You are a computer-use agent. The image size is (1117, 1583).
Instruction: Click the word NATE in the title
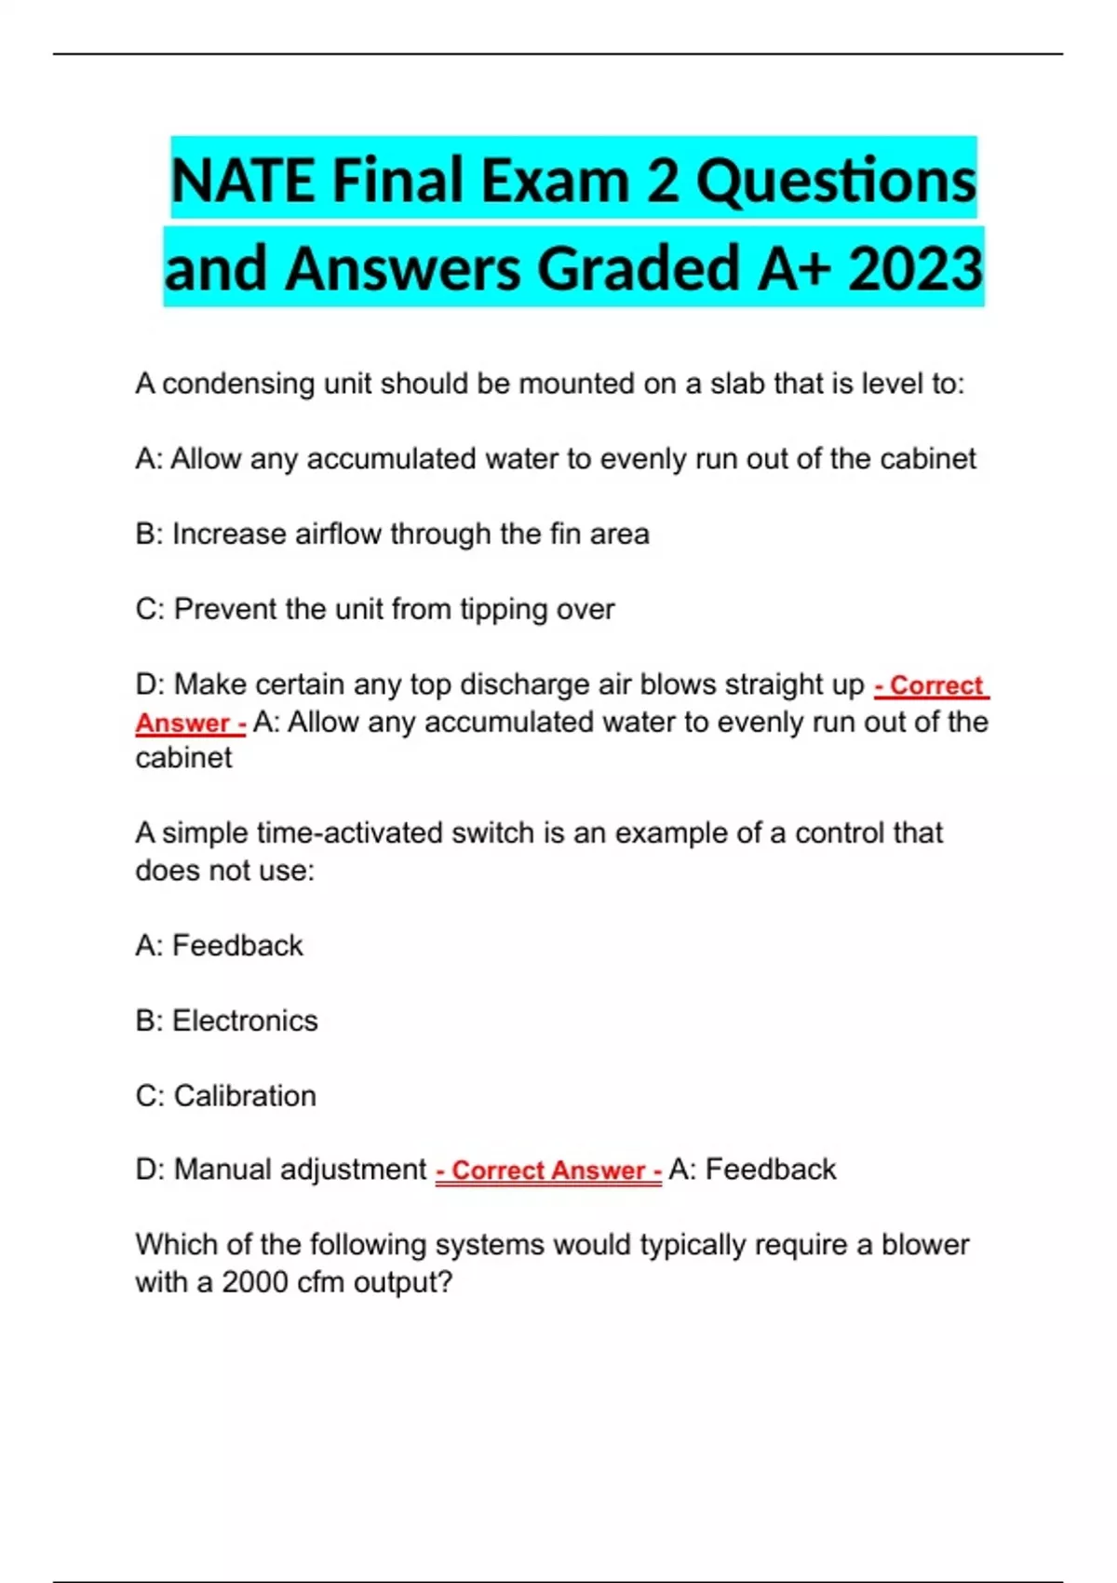(x=244, y=180)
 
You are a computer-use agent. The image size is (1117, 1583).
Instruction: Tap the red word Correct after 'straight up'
(x=935, y=685)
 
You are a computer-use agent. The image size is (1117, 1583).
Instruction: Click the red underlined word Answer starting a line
(x=182, y=723)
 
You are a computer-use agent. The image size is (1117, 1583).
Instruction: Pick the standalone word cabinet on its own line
(x=183, y=758)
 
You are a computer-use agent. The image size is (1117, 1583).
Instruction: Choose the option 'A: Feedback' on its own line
(x=219, y=946)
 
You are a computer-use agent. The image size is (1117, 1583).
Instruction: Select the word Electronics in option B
(x=245, y=1021)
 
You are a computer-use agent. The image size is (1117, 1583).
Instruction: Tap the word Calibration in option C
(x=245, y=1096)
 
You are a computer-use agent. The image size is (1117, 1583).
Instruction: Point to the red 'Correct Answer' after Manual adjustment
(x=548, y=1170)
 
